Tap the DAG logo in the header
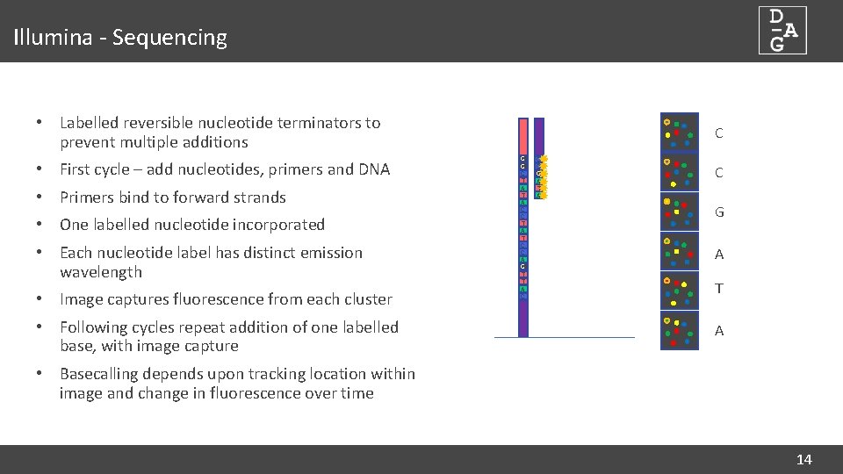[782, 31]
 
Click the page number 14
[803, 459]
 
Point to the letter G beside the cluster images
[719, 212]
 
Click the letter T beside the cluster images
[719, 289]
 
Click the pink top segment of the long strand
[523, 136]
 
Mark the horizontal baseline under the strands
[564, 337]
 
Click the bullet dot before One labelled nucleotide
[40, 225]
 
